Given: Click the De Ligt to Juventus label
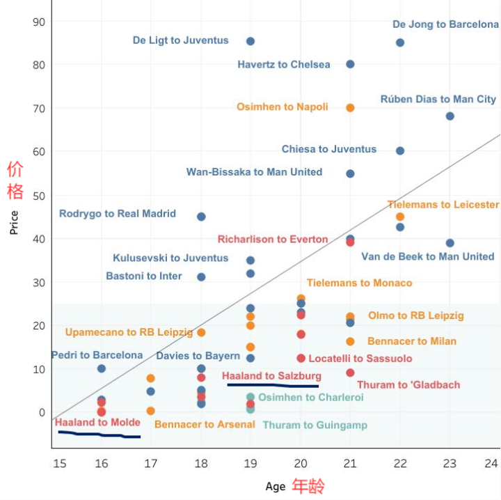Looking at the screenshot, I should tap(180, 40).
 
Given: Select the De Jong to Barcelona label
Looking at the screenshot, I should tap(445, 24).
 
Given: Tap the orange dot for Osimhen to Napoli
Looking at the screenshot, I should tap(350, 108).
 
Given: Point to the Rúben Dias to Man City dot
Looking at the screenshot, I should tap(450, 116).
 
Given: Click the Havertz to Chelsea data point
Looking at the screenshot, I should tap(350, 64).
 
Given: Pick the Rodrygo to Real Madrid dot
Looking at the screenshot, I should tap(201, 217).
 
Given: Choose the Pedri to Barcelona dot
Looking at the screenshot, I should tap(102, 368).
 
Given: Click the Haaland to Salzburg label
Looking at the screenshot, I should tap(271, 376).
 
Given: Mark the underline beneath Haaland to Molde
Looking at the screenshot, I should tap(100, 435).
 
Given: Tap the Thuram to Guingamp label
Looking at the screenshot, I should tap(315, 425).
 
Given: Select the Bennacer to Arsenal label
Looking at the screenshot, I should tap(205, 424).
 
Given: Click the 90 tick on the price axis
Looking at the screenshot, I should tap(39, 22).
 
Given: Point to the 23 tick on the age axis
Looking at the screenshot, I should tap(450, 463).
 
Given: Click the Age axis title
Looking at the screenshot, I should tap(276, 486).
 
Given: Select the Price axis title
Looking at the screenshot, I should tap(14, 221).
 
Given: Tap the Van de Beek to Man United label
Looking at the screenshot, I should tap(427, 256).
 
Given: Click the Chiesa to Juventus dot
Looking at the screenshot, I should tap(400, 150).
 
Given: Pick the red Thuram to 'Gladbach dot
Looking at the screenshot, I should tap(350, 373).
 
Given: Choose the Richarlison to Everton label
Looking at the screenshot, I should tap(273, 239).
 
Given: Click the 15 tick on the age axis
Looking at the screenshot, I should tap(59, 463).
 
